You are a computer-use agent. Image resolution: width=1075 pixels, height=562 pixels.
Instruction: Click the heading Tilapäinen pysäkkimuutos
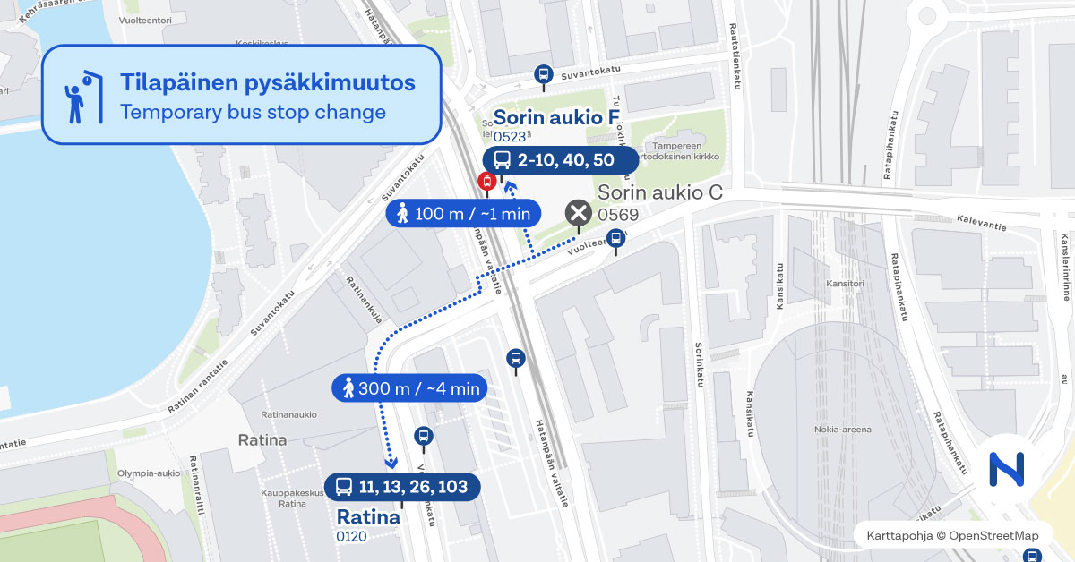[x=267, y=82]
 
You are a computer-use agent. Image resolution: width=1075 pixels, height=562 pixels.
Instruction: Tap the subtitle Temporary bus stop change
[x=253, y=112]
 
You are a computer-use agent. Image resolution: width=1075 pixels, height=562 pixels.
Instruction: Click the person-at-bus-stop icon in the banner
[x=79, y=97]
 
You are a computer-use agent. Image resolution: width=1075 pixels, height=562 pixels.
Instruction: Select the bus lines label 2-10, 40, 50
[x=561, y=160]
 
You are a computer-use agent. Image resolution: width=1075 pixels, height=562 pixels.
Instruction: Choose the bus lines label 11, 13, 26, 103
[x=402, y=487]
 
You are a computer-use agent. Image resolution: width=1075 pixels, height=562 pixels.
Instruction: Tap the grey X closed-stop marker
[x=578, y=213]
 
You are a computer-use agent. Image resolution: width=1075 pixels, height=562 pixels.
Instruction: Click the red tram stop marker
[x=487, y=182]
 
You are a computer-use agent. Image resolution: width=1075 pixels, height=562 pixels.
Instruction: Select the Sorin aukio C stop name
[x=660, y=192]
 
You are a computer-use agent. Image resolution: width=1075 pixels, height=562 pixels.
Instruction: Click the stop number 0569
[x=618, y=215]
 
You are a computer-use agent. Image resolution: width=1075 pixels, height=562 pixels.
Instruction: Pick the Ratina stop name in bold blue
[x=367, y=517]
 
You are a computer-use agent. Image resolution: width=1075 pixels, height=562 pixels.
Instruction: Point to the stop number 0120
[x=352, y=537]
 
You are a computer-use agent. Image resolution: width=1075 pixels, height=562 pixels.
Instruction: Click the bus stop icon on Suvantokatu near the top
[x=542, y=74]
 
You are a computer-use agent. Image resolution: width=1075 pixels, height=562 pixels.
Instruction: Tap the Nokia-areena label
[x=842, y=429]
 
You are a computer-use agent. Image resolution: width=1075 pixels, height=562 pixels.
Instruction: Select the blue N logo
[x=1006, y=469]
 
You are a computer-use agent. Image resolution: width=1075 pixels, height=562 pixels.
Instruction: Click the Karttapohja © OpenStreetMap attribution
[x=952, y=535]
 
